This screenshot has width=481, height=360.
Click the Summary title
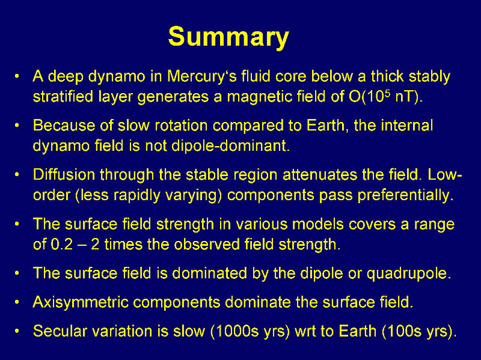(228, 37)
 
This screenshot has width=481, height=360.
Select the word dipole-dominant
(230, 145)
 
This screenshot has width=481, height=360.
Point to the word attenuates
(320, 175)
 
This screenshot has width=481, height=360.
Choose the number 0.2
(62, 245)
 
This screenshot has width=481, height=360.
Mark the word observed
(207, 245)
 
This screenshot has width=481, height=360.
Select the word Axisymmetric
(81, 302)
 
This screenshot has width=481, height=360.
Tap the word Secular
(58, 331)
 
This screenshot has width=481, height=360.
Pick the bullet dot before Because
(17, 125)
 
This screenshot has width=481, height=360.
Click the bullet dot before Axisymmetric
(17, 302)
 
